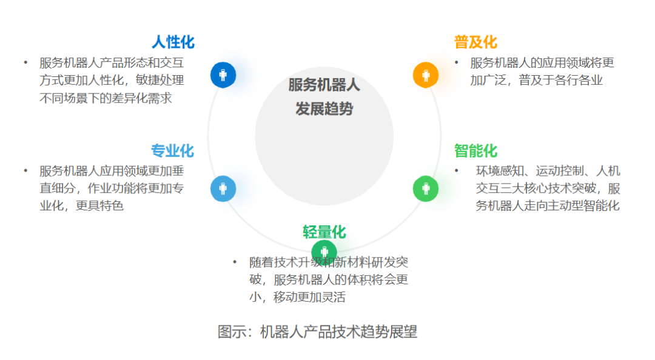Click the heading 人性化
173,42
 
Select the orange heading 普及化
475,42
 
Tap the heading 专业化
172,150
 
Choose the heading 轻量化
324,232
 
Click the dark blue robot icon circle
223,75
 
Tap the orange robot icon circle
426,75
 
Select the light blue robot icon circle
223,189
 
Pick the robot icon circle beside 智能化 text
426,188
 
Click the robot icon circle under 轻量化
324,252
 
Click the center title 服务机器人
324,85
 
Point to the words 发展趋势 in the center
324,109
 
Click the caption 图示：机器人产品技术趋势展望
317,332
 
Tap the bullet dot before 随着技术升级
235,262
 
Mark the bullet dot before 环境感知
456,170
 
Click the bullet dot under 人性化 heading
25,62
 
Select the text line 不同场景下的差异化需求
106,98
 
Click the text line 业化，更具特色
81,205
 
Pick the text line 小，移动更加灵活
297,297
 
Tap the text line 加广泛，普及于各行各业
536,80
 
